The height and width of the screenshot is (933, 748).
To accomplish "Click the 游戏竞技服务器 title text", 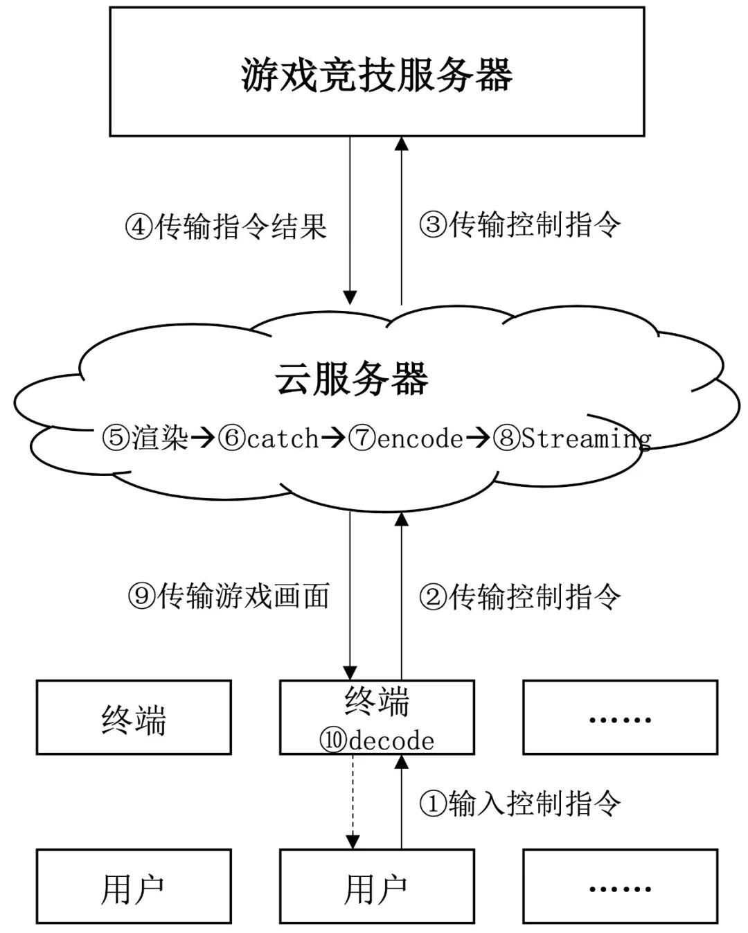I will coord(377,75).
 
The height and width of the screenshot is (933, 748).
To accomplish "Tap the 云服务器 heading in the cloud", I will coord(352,379).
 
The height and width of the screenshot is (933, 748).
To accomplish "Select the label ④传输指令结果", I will coord(226,226).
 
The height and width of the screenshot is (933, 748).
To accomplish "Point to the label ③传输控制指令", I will coord(520,224).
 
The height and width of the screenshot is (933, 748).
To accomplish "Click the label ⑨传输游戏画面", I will coord(229,596).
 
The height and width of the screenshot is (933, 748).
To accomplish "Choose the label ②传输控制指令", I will coord(520,596).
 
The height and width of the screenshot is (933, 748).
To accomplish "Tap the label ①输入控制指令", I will coord(520,803).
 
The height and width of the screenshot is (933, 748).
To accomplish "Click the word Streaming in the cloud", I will coord(586,438).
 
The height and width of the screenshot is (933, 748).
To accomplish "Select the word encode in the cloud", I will coord(420,438).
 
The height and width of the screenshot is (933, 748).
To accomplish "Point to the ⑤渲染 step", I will coord(145,438).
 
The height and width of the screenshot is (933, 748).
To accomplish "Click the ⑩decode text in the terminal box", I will coord(377,740).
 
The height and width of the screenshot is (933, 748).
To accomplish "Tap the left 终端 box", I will coord(134,718).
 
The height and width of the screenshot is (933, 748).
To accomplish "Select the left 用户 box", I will coord(134,887).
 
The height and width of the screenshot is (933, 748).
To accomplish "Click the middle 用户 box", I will coord(377,887).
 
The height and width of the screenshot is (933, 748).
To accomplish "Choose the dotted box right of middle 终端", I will coord(620,718).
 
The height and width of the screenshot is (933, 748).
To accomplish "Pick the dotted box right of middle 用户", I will coord(620,887).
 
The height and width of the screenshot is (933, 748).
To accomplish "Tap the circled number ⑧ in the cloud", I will coord(506,438).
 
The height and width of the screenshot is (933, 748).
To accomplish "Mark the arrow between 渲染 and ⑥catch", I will coord(203,438).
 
